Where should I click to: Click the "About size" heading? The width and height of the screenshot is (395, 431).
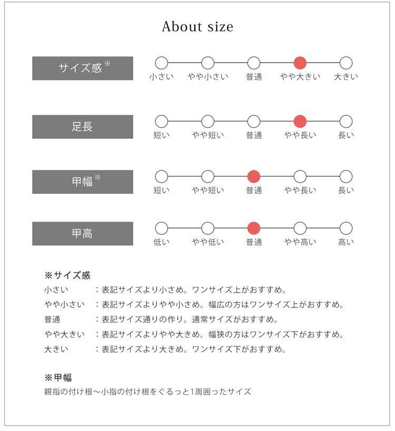197,27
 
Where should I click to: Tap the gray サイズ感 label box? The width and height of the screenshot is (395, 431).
83,68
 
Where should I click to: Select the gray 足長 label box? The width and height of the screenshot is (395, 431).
83,127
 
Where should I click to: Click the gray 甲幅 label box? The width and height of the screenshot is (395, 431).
83,182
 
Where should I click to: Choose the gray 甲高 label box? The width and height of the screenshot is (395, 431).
83,233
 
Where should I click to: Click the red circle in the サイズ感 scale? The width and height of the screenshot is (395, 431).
300,63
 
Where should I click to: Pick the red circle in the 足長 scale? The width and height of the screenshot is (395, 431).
300,121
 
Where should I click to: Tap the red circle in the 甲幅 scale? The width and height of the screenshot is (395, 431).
254,177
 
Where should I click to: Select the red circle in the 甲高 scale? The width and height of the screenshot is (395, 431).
254,228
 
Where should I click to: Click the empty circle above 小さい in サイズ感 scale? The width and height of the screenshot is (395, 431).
162,63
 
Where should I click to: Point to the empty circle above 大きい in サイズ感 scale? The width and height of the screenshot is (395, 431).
346,63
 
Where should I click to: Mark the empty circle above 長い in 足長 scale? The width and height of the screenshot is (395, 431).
346,121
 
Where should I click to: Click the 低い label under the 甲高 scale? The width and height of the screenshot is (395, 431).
162,242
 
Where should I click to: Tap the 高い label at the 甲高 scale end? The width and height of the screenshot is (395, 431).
346,242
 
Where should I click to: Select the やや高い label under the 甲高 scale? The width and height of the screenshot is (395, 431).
300,242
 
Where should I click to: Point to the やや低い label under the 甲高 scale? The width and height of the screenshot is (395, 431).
208,242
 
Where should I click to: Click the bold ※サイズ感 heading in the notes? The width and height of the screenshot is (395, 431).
67,275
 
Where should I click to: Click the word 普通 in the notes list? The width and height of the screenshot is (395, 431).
52,320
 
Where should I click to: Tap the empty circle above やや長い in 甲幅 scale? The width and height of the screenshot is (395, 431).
300,177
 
